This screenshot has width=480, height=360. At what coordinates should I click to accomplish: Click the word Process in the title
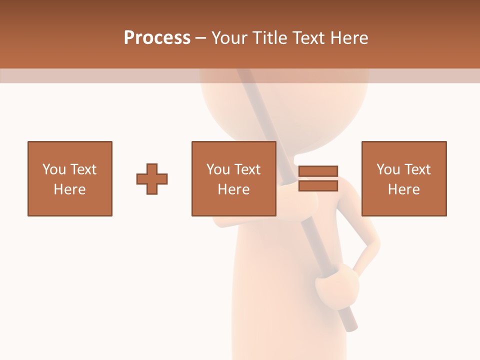click(157, 38)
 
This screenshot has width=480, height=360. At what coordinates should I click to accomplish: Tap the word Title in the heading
click(270, 38)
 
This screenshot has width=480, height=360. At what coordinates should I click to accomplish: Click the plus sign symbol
click(152, 178)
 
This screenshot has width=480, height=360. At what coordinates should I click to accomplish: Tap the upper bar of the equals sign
click(318, 171)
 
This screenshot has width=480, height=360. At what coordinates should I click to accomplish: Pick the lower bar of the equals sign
click(318, 185)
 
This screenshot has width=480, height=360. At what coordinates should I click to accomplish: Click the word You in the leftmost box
click(54, 169)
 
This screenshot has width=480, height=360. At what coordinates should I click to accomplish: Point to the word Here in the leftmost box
click(70, 189)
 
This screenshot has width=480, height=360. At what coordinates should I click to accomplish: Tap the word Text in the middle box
click(247, 169)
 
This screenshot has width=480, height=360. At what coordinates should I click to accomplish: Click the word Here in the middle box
click(234, 189)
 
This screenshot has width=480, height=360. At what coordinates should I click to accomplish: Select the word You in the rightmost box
click(388, 169)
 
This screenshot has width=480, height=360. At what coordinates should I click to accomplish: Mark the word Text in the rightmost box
click(417, 169)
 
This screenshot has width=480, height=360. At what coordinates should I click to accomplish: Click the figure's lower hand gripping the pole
click(337, 285)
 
